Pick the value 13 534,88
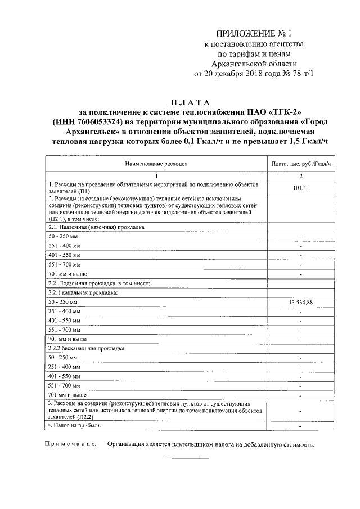[x=301, y=302]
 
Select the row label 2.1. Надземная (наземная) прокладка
[x=96, y=227]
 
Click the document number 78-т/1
[x=303, y=74]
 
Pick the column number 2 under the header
[x=301, y=176]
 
